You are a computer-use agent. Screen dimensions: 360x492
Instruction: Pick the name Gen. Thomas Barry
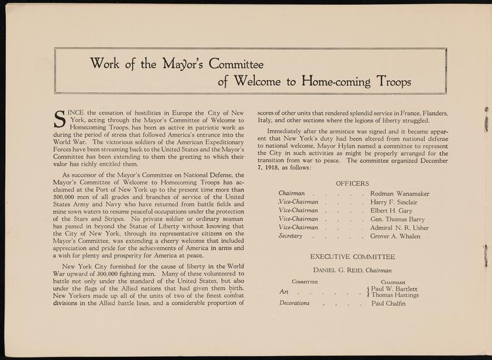coord(397,225)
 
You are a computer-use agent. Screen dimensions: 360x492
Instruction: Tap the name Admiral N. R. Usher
coord(400,236)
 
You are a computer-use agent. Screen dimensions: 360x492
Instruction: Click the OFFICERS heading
coord(353,183)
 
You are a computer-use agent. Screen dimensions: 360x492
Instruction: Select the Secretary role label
coord(290,236)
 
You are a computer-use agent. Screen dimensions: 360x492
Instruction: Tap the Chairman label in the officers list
coord(291,194)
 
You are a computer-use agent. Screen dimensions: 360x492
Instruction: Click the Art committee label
coord(283,292)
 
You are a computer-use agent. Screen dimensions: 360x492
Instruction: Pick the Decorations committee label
coord(294,303)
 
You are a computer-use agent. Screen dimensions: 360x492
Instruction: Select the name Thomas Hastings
coord(396,295)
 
